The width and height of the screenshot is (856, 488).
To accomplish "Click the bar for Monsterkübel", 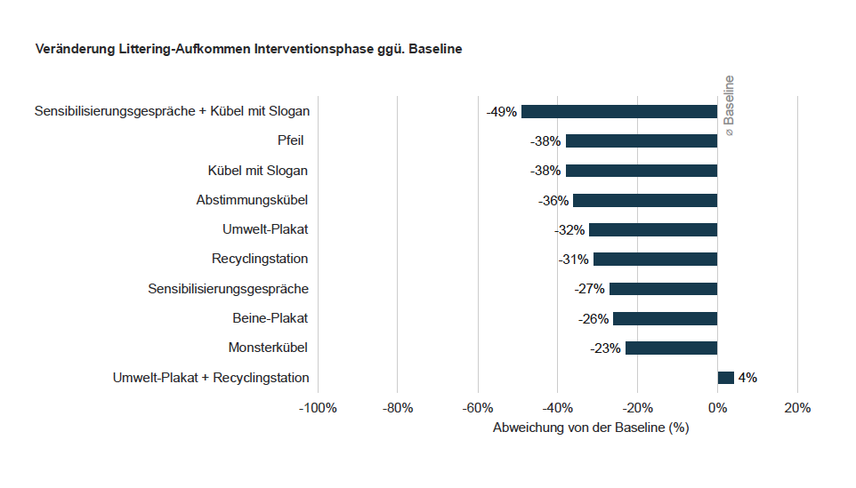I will [671, 348].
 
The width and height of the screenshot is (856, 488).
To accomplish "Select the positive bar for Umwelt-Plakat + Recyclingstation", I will [725, 378].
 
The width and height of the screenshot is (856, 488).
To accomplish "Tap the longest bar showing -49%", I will [618, 112].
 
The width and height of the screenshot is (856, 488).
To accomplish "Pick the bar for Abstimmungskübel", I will [644, 201].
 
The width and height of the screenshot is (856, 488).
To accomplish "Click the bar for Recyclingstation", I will [655, 260].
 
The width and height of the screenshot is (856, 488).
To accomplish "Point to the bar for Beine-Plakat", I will [665, 318].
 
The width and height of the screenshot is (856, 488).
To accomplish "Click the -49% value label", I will [501, 112].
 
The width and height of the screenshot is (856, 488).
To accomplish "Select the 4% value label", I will [747, 378].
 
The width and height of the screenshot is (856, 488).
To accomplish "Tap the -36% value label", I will [553, 201].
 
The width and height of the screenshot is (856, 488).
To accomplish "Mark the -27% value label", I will [589, 289].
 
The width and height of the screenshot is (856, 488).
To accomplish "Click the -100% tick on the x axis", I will [318, 408].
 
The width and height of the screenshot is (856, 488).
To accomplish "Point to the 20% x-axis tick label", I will [796, 408].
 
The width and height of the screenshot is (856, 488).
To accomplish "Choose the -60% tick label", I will [478, 408].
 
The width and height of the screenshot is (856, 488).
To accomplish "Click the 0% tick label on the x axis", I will [717, 408].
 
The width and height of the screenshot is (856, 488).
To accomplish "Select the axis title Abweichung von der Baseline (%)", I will [591, 428].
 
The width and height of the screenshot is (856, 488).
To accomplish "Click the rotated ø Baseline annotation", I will [729, 106].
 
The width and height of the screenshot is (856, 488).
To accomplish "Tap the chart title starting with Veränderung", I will [248, 49].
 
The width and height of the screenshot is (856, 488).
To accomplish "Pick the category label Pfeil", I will [293, 141].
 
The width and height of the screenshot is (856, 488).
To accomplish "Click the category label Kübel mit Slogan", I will [258, 171].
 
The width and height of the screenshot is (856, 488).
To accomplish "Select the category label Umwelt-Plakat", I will [265, 229].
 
